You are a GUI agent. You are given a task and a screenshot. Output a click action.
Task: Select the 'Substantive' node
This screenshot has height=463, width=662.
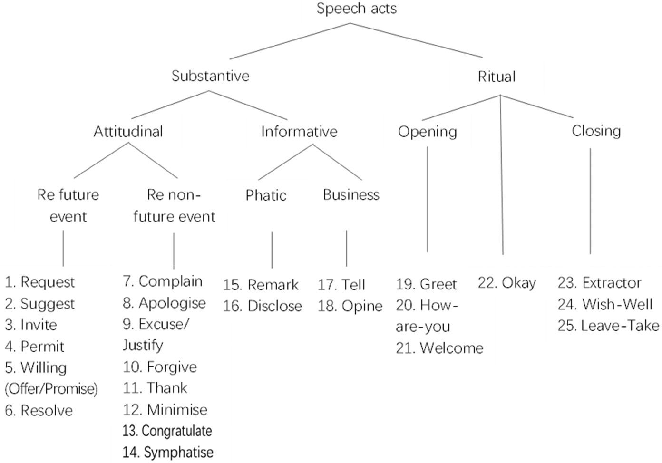click(x=210, y=76)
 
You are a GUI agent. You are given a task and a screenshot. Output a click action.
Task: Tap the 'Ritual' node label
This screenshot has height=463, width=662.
click(x=497, y=77)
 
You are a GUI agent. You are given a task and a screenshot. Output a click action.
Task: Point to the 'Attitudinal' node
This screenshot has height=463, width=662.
click(x=128, y=132)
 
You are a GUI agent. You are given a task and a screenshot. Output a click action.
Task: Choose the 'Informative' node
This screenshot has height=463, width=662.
click(x=299, y=132)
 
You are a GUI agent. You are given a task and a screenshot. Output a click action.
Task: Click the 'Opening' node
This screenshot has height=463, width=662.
click(x=428, y=132)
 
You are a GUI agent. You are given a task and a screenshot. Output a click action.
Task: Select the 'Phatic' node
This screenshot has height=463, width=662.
click(x=266, y=195)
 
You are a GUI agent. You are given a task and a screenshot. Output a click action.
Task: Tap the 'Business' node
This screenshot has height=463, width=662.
click(x=351, y=195)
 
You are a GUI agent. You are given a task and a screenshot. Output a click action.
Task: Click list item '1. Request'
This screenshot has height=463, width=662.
click(x=40, y=282)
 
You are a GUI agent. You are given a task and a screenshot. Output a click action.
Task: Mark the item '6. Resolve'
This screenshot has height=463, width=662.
click(x=39, y=410)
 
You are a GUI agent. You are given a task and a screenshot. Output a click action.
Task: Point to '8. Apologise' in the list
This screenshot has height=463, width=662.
click(x=165, y=303)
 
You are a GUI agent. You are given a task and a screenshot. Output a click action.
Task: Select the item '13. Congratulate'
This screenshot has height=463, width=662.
click(x=167, y=431)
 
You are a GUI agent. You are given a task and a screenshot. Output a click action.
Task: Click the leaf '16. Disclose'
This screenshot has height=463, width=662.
click(x=263, y=306)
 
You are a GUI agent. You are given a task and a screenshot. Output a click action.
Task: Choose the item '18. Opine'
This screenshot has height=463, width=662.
click(x=350, y=307)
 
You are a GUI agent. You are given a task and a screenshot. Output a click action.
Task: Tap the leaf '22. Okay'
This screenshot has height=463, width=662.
click(x=507, y=283)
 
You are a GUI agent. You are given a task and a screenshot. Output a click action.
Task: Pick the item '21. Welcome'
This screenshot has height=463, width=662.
click(x=439, y=348)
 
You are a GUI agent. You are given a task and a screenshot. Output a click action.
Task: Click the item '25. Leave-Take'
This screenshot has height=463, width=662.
click(x=609, y=326)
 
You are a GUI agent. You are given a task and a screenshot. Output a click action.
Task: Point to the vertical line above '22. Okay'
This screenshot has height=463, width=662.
click(x=502, y=174)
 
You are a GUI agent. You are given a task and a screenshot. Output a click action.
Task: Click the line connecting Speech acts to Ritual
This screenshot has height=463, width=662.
click(x=417, y=40)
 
